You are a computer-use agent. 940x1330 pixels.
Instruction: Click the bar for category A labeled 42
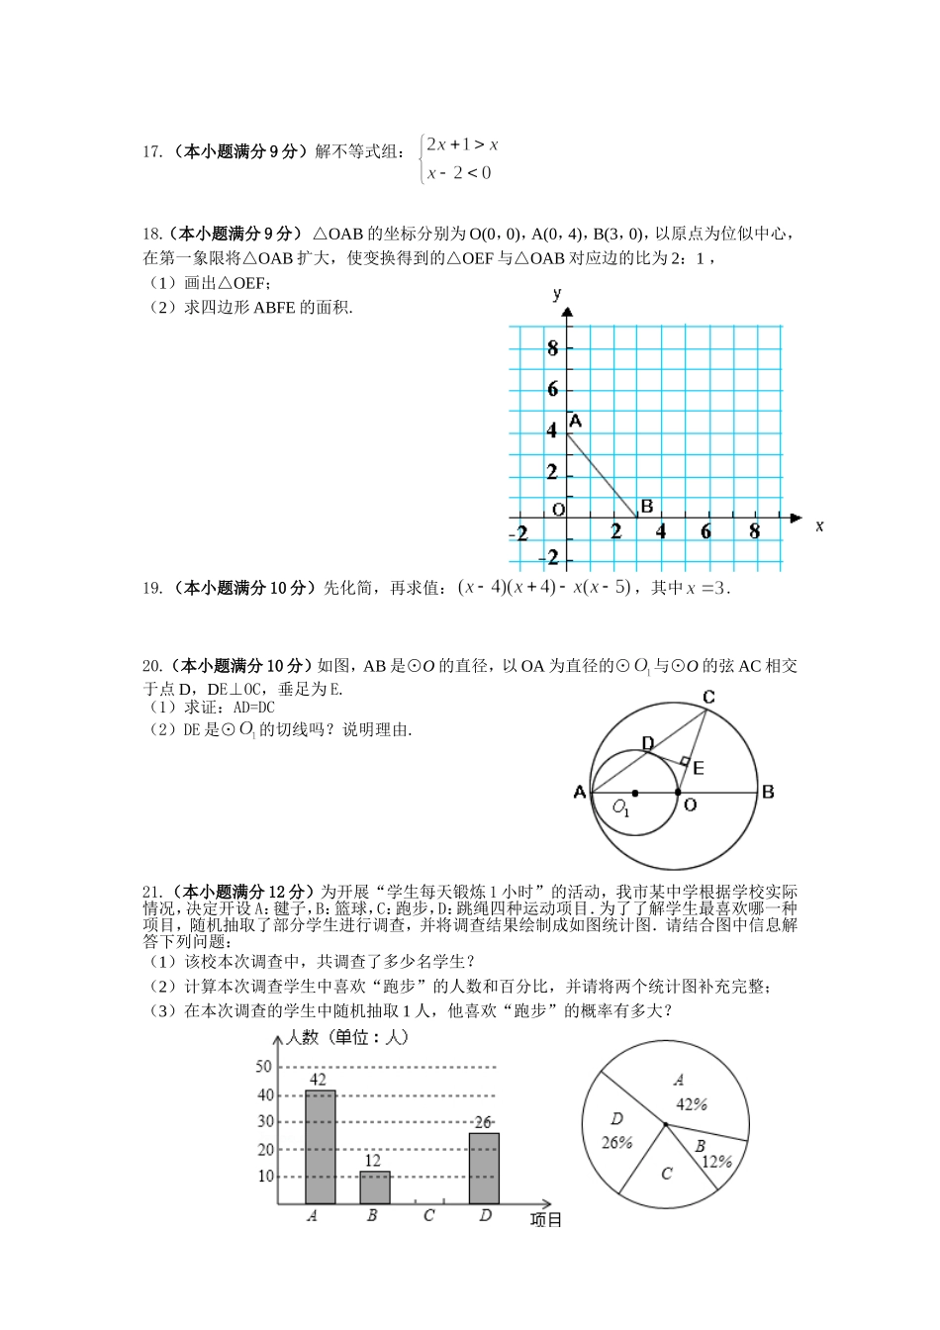pyautogui.click(x=320, y=1147)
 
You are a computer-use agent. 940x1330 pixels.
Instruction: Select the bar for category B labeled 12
pyautogui.click(x=374, y=1187)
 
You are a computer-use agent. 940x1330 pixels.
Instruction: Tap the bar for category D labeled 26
pyautogui.click(x=484, y=1168)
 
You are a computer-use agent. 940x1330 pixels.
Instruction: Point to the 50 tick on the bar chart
pyautogui.click(x=264, y=1067)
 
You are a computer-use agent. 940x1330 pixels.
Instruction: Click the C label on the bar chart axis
pyautogui.click(x=428, y=1215)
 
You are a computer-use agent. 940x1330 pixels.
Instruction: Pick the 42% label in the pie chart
pyautogui.click(x=692, y=1104)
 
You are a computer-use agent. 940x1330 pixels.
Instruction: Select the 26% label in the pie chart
pyautogui.click(x=616, y=1143)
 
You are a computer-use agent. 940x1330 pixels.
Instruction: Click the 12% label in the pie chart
pyautogui.click(x=716, y=1162)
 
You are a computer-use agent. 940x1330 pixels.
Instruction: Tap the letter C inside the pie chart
pyautogui.click(x=666, y=1174)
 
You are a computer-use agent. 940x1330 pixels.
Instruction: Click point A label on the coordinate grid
pyautogui.click(x=575, y=422)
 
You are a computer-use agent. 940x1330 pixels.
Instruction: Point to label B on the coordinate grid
pyautogui.click(x=646, y=507)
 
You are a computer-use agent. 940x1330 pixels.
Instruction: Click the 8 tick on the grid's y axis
pyautogui.click(x=552, y=348)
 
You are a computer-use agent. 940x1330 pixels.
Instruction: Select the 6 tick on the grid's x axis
pyautogui.click(x=705, y=532)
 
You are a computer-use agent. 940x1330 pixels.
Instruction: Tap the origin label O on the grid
pyautogui.click(x=558, y=510)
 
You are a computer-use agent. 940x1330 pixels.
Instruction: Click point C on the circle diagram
pyautogui.click(x=708, y=698)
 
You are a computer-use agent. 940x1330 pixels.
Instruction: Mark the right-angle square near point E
pyautogui.click(x=684, y=761)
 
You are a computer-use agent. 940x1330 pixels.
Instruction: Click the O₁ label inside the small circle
pyautogui.click(x=620, y=807)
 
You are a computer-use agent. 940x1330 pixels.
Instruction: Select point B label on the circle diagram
pyautogui.click(x=768, y=792)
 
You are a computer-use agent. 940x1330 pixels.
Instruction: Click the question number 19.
pyautogui.click(x=151, y=588)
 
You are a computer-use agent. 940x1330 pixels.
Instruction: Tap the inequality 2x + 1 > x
pyautogui.click(x=462, y=144)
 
